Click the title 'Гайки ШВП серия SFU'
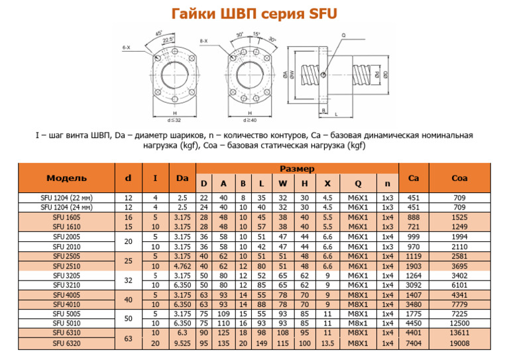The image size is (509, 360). (x=254, y=13)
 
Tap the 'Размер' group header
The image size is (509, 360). (x=297, y=169)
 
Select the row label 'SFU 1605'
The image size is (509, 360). (x=66, y=217)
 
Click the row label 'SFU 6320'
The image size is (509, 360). (x=66, y=343)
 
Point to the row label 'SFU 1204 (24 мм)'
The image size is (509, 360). (x=66, y=207)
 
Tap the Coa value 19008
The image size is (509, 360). (x=459, y=343)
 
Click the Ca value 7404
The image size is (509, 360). (x=414, y=343)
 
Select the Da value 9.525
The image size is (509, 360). (x=182, y=343)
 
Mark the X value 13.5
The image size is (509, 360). (x=327, y=343)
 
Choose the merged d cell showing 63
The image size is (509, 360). (x=128, y=339)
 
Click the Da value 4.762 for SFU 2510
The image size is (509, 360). (x=182, y=266)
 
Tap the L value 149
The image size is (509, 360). (x=262, y=343)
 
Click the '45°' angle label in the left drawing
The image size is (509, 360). (x=158, y=32)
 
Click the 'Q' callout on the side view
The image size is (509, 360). (x=343, y=34)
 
